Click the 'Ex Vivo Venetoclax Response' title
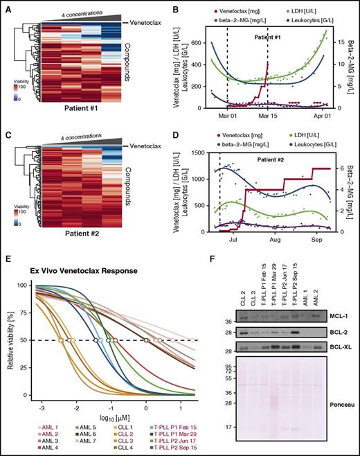click(x=65, y=252)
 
